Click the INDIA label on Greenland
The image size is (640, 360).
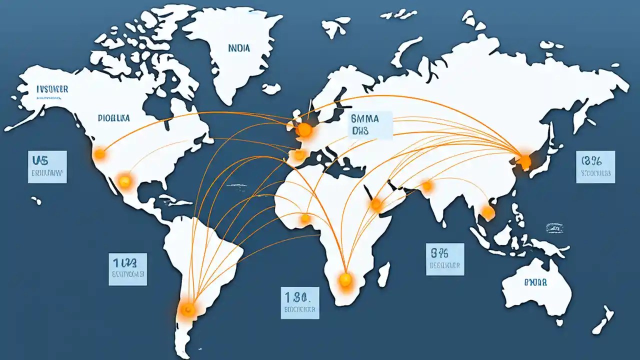point(239,48)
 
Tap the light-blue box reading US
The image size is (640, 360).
point(47,166)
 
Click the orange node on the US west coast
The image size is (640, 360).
point(100,153)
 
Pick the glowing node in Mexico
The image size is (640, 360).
point(124,181)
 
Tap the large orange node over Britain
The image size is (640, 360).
point(304,131)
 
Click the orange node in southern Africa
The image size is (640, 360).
point(345,279)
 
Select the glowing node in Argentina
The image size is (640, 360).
point(187,309)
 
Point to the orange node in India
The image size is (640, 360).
point(427,186)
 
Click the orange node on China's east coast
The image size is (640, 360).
point(524,161)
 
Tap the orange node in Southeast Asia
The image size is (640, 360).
point(487,213)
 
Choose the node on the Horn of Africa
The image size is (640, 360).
point(376,203)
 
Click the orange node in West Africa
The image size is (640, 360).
point(305,218)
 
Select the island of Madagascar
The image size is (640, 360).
point(383,274)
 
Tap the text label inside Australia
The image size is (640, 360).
point(535,282)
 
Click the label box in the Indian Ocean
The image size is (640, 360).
point(445,259)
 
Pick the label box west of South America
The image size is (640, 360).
point(128,269)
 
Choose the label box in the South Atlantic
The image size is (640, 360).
point(299,302)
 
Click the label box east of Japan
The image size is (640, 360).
point(595,166)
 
